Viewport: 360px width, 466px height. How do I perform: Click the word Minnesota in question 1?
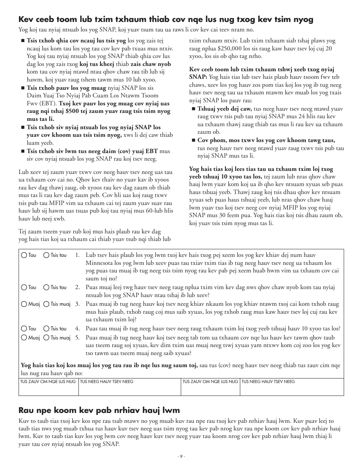(x=100, y=263)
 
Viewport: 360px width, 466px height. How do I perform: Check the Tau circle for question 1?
(x=24, y=255)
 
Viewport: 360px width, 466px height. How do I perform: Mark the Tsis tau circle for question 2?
(x=46, y=288)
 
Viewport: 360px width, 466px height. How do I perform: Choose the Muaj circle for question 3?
(x=24, y=304)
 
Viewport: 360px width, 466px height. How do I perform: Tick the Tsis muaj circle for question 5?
(x=46, y=338)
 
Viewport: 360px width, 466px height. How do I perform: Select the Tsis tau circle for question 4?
(x=46, y=328)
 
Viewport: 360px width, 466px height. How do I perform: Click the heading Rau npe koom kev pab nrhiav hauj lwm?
(x=99, y=410)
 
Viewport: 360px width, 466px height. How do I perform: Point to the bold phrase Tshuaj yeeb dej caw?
(x=224, y=109)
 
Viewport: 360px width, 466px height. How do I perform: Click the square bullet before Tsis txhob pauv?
(x=23, y=88)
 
